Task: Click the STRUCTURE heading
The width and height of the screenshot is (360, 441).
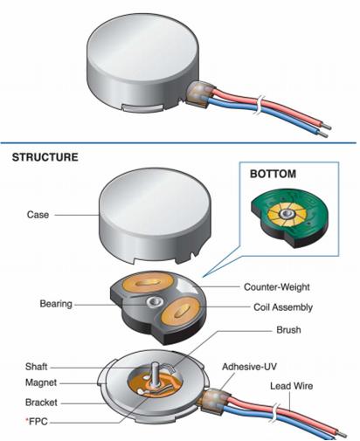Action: tap(45, 157)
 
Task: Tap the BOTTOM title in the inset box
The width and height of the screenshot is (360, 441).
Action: tap(273, 174)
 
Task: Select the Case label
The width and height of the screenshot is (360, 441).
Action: tap(38, 215)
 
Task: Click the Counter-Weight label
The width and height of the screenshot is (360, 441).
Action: tap(277, 287)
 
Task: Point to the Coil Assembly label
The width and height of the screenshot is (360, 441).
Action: tap(283, 307)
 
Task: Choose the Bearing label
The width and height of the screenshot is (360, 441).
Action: tap(56, 304)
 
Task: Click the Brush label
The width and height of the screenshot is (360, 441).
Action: tap(288, 330)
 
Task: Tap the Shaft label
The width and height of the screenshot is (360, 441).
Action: tap(36, 367)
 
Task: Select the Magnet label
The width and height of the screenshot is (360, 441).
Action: tap(41, 382)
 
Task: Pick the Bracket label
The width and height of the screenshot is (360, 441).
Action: tap(41, 403)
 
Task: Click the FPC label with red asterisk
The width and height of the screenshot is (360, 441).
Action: tap(37, 421)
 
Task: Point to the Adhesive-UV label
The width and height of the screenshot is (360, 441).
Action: tap(249, 367)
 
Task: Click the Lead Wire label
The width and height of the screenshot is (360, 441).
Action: tap(292, 386)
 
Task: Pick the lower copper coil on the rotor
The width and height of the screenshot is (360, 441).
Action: tap(180, 312)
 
